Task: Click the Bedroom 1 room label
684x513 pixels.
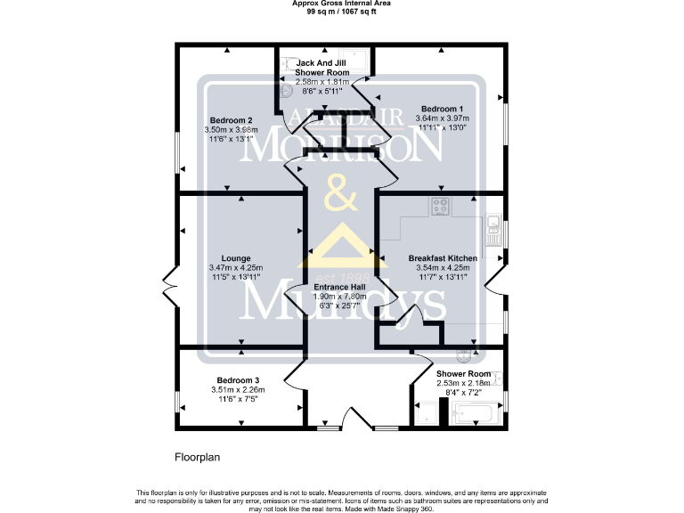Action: point(443,108)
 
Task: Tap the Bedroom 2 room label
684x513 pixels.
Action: point(231,120)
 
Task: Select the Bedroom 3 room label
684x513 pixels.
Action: point(236,380)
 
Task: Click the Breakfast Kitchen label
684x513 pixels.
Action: point(443,258)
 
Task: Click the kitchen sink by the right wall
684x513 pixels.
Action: point(495,230)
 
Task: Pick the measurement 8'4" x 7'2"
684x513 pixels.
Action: point(462,392)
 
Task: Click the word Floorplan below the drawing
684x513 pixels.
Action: point(196,456)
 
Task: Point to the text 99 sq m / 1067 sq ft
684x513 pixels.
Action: point(342,12)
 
